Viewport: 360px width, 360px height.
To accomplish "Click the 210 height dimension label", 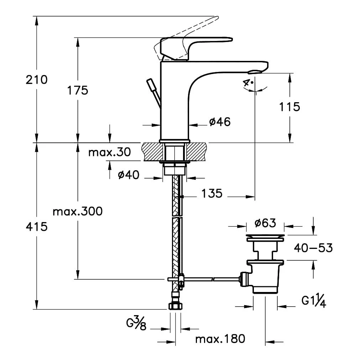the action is (37, 80).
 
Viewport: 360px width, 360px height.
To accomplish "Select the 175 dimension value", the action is (78, 90).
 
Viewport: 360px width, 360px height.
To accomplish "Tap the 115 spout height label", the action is (289, 107).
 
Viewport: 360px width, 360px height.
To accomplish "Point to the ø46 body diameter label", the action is (220, 122).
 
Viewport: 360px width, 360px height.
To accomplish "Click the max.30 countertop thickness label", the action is (110, 152).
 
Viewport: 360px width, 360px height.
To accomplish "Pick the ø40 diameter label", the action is (129, 175).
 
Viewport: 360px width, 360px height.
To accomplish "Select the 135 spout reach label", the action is (212, 193).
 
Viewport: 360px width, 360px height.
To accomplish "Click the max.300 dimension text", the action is (78, 211).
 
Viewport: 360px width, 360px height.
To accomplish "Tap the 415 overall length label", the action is (37, 226).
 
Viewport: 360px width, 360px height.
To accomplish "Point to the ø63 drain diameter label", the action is (265, 223).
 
